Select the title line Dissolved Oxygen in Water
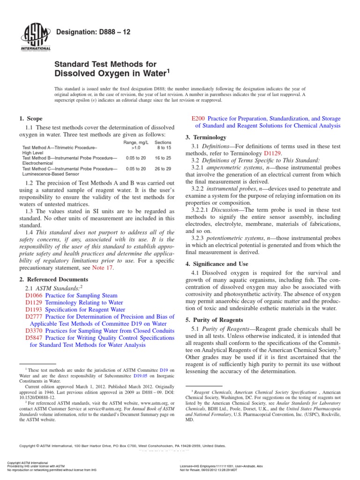(x=111, y=73)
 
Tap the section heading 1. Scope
(x=30, y=119)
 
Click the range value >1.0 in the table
(x=136, y=147)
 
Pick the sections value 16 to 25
(x=163, y=158)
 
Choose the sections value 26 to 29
(x=163, y=168)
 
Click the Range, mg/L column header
(x=136, y=142)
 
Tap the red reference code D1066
(x=34, y=296)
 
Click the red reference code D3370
(x=34, y=330)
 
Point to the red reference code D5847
(x=34, y=338)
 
